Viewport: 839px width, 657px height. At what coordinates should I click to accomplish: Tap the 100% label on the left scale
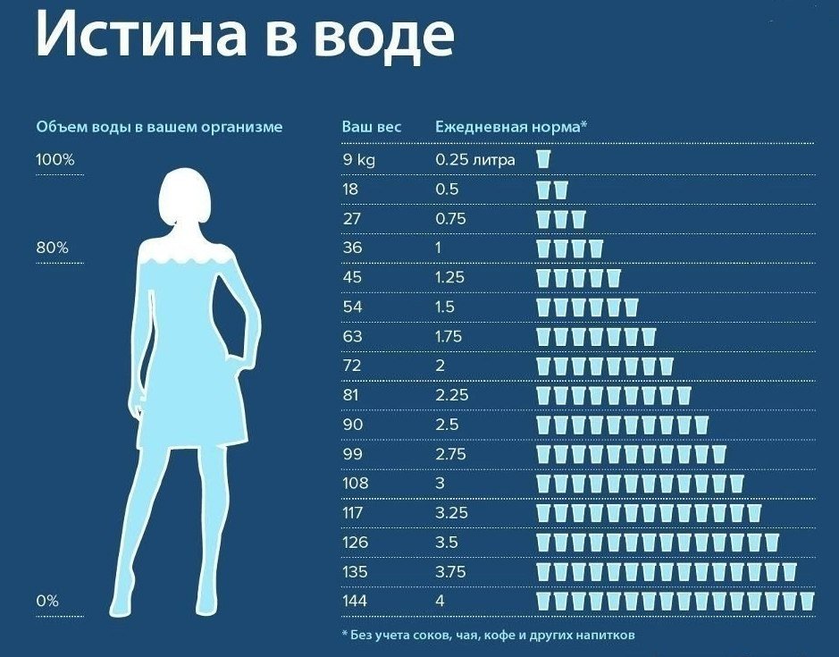click(x=55, y=160)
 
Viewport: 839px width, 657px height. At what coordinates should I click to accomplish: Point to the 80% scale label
click(x=52, y=248)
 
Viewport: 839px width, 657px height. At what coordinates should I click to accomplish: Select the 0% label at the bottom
click(x=47, y=602)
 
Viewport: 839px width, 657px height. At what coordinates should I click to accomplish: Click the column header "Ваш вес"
click(x=372, y=127)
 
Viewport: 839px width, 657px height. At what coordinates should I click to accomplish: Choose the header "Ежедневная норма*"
click(x=510, y=127)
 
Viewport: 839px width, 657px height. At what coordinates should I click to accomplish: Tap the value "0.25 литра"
click(x=474, y=160)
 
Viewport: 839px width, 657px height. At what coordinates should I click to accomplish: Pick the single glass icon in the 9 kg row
click(x=543, y=160)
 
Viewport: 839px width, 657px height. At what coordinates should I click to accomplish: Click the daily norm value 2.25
click(x=451, y=395)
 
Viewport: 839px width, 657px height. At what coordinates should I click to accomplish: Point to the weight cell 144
click(x=355, y=601)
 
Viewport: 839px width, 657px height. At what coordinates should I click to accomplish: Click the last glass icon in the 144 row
click(x=807, y=600)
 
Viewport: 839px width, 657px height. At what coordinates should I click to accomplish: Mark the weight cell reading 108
click(x=355, y=483)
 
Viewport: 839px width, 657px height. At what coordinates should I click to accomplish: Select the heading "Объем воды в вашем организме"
click(x=159, y=127)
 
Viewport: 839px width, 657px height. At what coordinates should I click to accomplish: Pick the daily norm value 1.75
click(x=451, y=336)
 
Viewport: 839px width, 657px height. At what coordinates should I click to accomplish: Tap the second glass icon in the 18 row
click(x=560, y=190)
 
